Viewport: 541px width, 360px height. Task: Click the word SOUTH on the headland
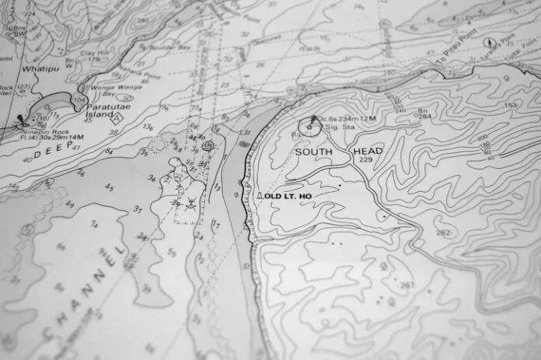click(x=313, y=152)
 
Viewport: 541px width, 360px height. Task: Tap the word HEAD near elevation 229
click(x=368, y=151)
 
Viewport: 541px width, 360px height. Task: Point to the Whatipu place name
click(x=36, y=68)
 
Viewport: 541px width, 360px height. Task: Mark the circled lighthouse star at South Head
click(x=309, y=124)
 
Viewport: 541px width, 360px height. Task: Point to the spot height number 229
click(x=366, y=159)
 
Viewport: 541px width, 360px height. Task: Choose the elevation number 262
click(x=442, y=232)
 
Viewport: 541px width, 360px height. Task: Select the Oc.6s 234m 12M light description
click(x=345, y=117)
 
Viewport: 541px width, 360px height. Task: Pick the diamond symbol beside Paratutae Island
click(x=117, y=120)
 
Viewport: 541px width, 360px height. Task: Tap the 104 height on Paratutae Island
click(x=79, y=101)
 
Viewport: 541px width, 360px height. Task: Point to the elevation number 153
click(x=510, y=105)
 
